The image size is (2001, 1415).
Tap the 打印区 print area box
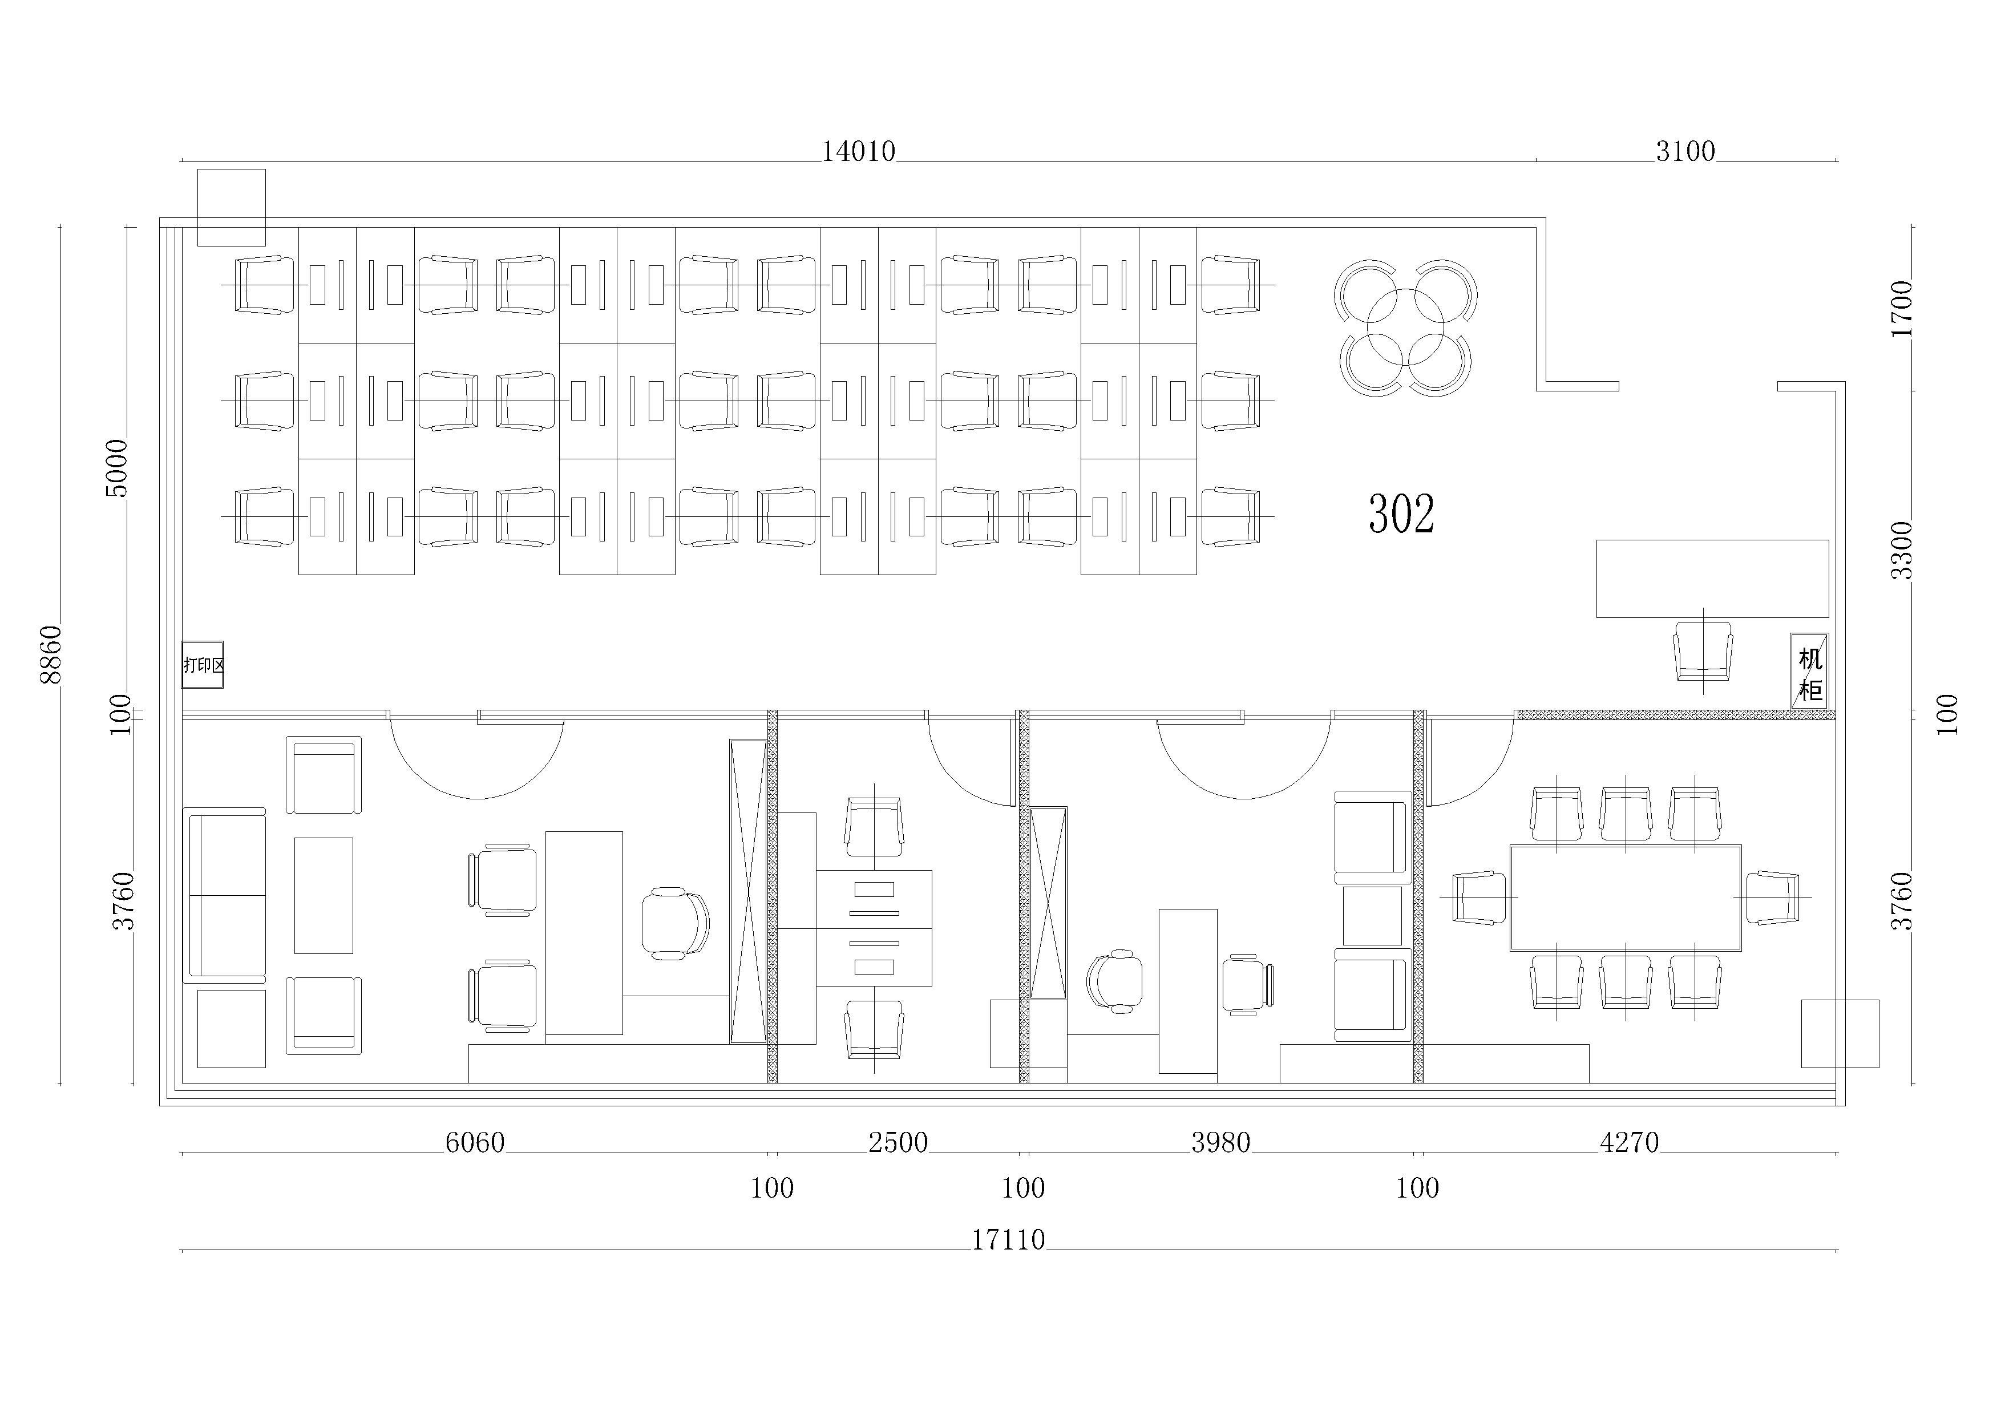[x=202, y=665]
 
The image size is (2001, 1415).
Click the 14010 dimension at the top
[x=859, y=152]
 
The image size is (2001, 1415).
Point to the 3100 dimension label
[x=1685, y=152]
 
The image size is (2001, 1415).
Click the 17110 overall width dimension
[x=1008, y=1239]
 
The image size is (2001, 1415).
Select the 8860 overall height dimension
[x=51, y=654]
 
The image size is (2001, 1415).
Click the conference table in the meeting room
[x=1626, y=897]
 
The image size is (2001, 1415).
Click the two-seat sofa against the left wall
[x=224, y=895]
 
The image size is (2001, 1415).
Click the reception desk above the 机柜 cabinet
[x=1712, y=579]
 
